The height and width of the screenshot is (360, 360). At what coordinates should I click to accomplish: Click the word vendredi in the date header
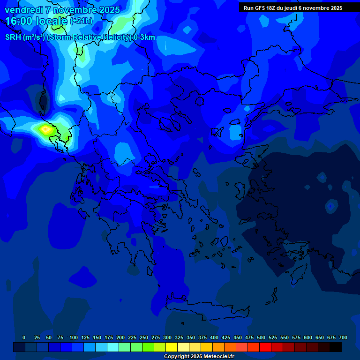(x=24, y=10)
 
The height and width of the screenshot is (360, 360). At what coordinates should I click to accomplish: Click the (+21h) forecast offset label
(x=81, y=21)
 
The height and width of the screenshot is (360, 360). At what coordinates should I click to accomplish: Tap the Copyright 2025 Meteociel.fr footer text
(x=198, y=357)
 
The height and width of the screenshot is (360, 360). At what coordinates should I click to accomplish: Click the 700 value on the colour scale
(x=343, y=337)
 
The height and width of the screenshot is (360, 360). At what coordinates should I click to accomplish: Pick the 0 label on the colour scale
(x=24, y=337)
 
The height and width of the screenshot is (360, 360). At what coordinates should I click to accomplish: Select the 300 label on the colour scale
(x=167, y=337)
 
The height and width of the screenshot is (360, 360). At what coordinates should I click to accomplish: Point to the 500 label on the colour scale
(x=261, y=337)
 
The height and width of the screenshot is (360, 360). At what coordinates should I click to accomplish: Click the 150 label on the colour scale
(x=97, y=337)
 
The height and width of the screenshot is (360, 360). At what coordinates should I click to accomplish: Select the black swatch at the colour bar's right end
(x=336, y=347)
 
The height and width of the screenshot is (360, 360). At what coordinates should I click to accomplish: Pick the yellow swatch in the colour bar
(x=172, y=347)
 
